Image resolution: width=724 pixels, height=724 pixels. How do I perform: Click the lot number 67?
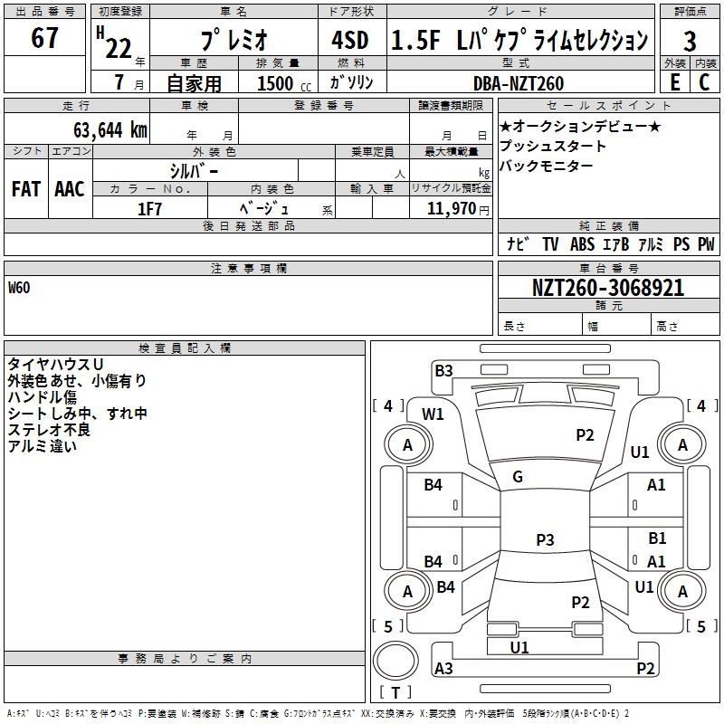coord(44,37)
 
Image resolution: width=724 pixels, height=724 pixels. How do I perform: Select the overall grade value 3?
coord(690,42)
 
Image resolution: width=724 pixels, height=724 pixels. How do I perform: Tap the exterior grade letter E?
coord(675,82)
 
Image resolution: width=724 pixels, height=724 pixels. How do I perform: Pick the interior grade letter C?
coord(704,82)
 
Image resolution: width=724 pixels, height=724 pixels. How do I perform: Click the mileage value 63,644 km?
coord(110,130)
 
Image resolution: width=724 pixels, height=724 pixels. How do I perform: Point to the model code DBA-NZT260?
coord(519,83)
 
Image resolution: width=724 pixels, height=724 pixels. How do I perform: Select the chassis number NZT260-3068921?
coord(608,288)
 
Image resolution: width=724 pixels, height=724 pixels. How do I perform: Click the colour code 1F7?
coord(149,209)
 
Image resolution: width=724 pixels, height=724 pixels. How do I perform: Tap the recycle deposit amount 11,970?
coord(451,209)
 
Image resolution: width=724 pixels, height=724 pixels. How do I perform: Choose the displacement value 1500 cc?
coord(284,83)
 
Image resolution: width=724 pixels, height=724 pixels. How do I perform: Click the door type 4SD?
coord(350,40)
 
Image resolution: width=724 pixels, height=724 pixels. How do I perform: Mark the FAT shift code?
coord(26,189)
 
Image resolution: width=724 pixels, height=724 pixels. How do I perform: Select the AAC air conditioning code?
coord(70,189)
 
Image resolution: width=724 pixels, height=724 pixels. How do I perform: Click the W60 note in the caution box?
coord(19,288)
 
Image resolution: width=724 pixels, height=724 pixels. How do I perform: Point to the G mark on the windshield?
coord(518,477)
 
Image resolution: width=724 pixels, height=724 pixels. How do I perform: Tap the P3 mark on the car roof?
coord(545,539)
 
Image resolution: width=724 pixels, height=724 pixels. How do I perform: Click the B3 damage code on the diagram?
coord(443,371)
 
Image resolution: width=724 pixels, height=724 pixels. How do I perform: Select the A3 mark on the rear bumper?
coord(443,668)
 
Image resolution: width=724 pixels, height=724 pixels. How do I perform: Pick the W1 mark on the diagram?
coord(433,414)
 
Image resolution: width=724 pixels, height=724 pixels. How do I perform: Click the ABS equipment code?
coord(582,244)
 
